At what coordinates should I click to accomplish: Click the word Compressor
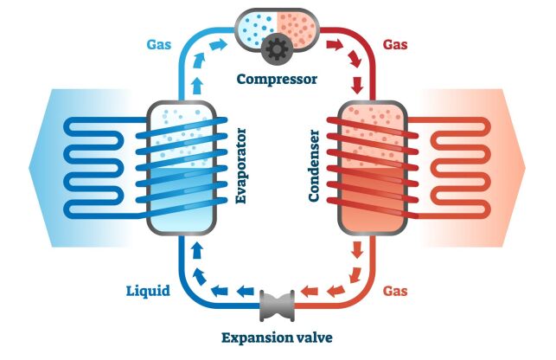point(277,80)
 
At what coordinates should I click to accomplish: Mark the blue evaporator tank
point(181,169)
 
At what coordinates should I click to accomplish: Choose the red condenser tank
point(373,169)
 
